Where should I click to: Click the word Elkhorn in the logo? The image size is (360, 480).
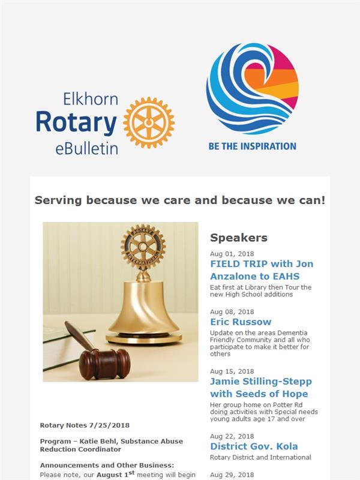pos(91,99)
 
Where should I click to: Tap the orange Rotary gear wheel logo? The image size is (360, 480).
pos(149,123)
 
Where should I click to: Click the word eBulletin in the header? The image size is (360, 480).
pos(86,149)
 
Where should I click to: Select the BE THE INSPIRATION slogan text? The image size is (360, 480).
pos(252,146)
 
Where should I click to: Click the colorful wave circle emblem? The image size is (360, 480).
pos(252,89)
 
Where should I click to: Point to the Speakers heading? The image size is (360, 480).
pos(239,238)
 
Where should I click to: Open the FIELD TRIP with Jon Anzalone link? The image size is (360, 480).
pos(262,270)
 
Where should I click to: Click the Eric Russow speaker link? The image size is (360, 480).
pos(241,322)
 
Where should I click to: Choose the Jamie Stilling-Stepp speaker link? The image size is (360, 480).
pos(261,388)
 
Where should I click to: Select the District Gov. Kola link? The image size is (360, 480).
pos(254,446)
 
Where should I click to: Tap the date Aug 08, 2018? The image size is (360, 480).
pos(232,312)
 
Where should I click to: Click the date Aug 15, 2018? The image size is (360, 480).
pos(232,371)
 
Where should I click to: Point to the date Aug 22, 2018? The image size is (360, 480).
pos(232,436)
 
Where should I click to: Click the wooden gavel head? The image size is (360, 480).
pos(104,364)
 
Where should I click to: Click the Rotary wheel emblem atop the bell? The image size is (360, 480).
pos(143,246)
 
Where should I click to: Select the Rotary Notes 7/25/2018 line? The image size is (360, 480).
pos(85,425)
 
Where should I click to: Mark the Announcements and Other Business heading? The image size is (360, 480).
pos(107,466)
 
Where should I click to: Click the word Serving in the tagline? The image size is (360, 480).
pos(58,200)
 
